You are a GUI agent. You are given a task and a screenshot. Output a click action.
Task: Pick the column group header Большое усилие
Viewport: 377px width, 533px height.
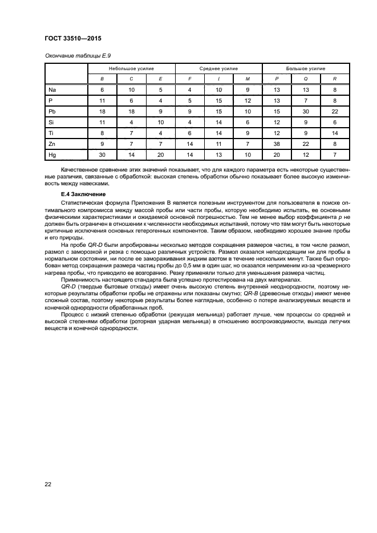(306, 68)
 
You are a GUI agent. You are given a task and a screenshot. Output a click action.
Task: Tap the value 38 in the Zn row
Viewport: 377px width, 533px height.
(277, 143)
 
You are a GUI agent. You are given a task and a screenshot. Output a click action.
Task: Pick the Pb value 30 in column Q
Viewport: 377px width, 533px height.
(306, 111)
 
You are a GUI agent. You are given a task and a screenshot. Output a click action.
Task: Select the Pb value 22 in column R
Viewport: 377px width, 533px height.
(335, 111)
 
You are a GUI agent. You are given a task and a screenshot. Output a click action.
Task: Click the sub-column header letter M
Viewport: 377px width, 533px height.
(248, 79)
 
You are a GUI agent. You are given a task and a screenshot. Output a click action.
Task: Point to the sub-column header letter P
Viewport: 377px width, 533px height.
(277, 79)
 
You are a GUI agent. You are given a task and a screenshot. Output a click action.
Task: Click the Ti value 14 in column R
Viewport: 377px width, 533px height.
(335, 132)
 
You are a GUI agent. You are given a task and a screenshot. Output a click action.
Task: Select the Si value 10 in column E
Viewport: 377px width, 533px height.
(160, 122)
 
